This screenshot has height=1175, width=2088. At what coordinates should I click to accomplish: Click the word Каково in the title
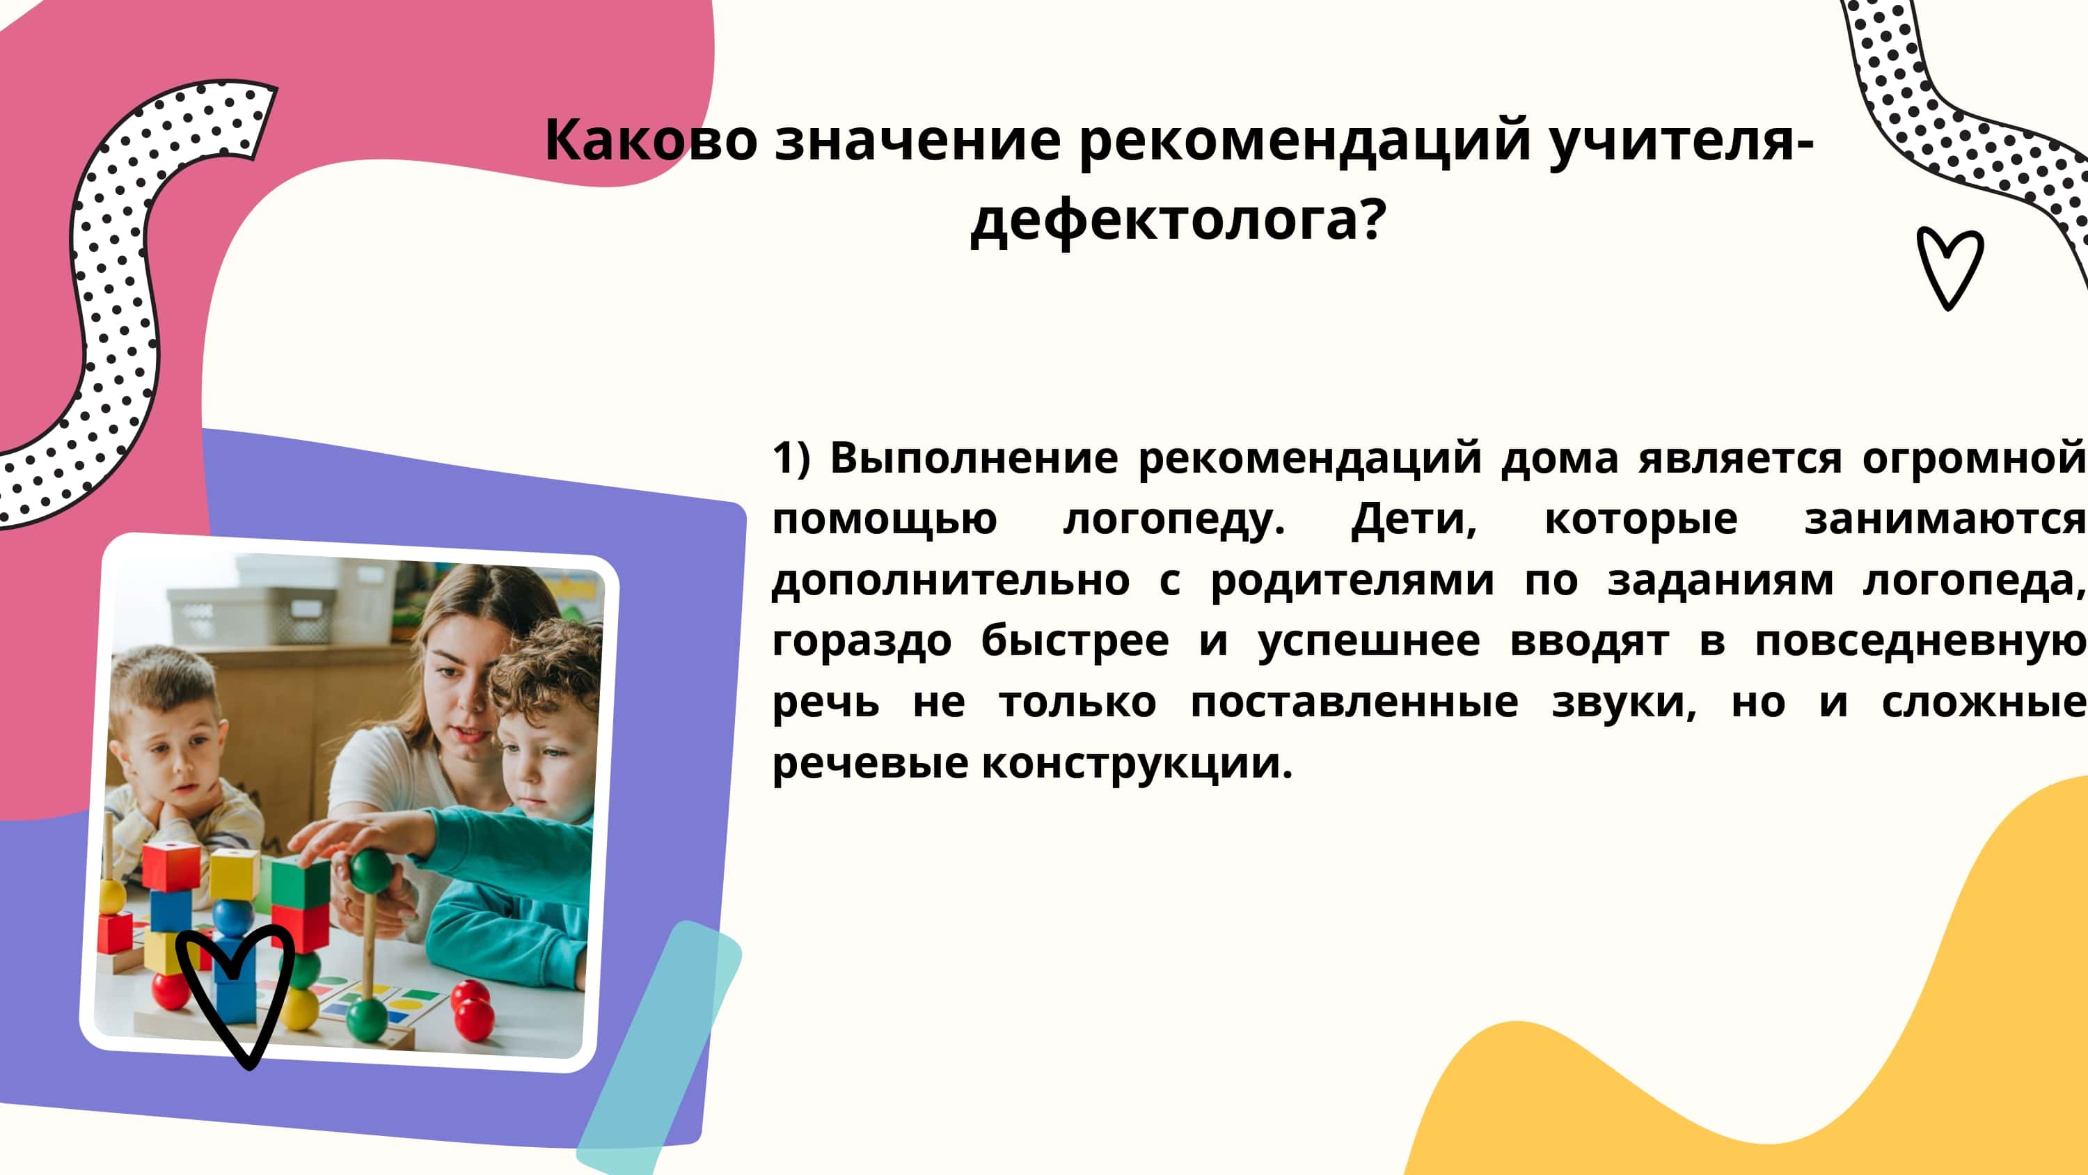click(x=651, y=139)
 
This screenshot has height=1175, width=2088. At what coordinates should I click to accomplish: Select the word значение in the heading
click(x=917, y=139)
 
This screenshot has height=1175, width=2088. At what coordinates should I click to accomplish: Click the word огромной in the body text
click(x=1975, y=459)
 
